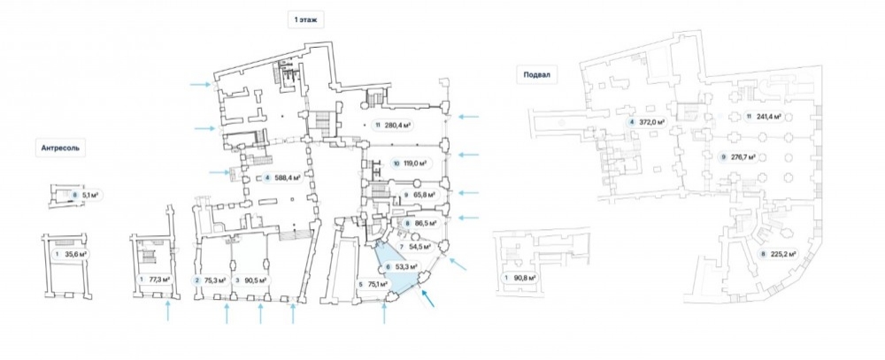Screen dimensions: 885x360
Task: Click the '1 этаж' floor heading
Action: click(305, 20)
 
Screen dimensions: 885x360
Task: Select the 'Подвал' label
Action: click(537, 74)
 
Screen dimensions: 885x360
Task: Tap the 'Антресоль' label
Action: click(60, 149)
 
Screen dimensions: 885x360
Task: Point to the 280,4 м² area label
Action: click(393, 126)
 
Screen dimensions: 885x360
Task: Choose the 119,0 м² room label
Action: click(409, 164)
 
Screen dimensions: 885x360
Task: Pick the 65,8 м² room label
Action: click(419, 195)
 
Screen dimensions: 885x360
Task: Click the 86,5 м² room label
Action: click(421, 223)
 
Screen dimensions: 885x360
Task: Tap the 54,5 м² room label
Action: click(415, 247)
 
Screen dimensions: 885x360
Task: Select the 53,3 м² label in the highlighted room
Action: click(401, 266)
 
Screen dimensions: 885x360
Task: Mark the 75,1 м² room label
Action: click(373, 283)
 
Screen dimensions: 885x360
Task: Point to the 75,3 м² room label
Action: click(211, 280)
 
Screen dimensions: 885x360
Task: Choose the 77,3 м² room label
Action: click(155, 280)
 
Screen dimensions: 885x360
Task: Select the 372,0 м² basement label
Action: click(646, 122)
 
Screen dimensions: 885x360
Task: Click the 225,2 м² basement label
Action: click(778, 254)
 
